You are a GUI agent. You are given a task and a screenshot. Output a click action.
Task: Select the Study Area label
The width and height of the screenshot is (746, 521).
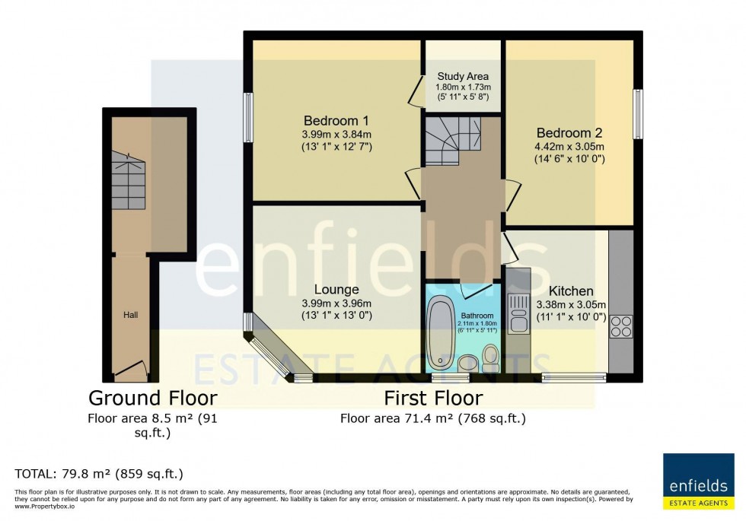point(463,77)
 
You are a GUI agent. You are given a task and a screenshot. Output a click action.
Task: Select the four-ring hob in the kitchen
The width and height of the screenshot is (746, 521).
point(620,326)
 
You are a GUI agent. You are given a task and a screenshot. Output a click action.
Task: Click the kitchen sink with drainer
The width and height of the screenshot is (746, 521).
point(518,313)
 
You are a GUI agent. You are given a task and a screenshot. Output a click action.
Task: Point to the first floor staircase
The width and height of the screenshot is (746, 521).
point(452,141)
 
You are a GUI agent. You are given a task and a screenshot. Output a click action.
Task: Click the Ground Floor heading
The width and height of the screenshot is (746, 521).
point(153,398)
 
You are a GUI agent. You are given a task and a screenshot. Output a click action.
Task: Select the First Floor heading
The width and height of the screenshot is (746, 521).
point(432,398)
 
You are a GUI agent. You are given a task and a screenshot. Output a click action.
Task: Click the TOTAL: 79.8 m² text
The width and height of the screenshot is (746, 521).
point(99,474)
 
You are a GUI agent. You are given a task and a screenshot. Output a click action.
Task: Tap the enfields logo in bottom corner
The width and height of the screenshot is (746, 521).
point(698,481)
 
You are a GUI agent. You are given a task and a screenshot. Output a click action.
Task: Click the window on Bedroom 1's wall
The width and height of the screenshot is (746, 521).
point(248,117)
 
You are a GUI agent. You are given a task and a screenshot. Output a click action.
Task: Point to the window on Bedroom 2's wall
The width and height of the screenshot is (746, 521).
point(638,114)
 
